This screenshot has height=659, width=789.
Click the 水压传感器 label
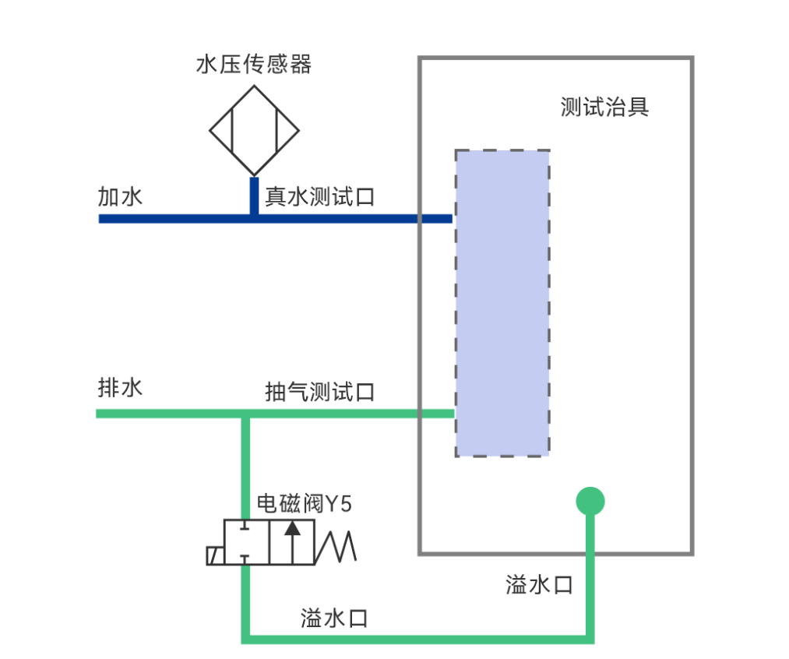[x=253, y=65]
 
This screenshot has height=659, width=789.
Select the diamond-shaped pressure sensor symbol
[x=253, y=131]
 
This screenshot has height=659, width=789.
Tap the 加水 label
[x=120, y=196]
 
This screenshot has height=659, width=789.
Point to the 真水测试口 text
[x=319, y=196]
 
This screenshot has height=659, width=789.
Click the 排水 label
[x=120, y=387]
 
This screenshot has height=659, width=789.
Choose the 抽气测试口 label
[x=319, y=392]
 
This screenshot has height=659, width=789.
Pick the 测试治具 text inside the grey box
[x=604, y=107]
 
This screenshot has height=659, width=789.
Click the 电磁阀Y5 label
[x=305, y=504]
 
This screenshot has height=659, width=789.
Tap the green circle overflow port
[x=590, y=501]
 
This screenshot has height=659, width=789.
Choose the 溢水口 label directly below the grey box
[x=539, y=585]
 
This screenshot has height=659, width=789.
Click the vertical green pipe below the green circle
[x=590, y=576]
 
